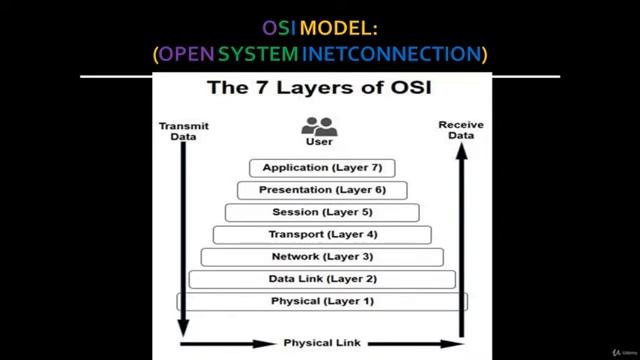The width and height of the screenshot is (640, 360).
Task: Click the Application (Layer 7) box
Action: tap(322, 168)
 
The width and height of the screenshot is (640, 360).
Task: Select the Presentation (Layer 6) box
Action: tap(322, 190)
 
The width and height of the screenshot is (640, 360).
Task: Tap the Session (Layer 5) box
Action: tap(322, 212)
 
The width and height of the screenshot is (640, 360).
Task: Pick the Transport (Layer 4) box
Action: tap(322, 235)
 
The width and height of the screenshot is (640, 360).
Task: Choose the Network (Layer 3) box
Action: tap(322, 257)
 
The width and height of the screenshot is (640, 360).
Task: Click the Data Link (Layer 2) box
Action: tap(322, 279)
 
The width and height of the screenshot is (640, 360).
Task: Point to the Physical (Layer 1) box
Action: tap(322, 301)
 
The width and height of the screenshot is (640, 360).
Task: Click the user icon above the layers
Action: tap(319, 127)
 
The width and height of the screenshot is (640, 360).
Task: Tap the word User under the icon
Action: tap(319, 142)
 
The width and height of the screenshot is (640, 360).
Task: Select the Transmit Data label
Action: tap(177, 131)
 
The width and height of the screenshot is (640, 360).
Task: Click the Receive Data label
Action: tap(461, 130)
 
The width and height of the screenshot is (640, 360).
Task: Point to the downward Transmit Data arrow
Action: tap(182, 240)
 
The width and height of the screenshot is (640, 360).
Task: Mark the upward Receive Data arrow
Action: tap(461, 240)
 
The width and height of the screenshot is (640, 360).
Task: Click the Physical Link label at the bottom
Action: tap(321, 343)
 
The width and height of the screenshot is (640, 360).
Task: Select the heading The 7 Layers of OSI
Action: tap(319, 88)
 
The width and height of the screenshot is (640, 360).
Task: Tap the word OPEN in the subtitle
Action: tap(187, 53)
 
